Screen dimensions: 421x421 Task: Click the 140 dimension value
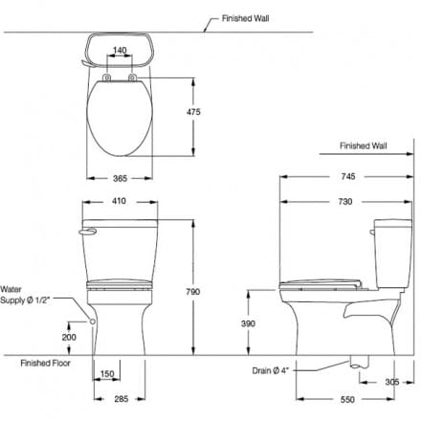coord(120,49)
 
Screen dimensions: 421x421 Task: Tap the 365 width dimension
coord(120,178)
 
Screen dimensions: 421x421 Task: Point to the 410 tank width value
coord(120,202)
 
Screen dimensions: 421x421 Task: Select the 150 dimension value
coord(107,374)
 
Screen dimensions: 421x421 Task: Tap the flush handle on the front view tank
coord(89,231)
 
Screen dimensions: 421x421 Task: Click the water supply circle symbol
coord(93,322)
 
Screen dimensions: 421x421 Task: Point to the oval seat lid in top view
coord(120,120)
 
